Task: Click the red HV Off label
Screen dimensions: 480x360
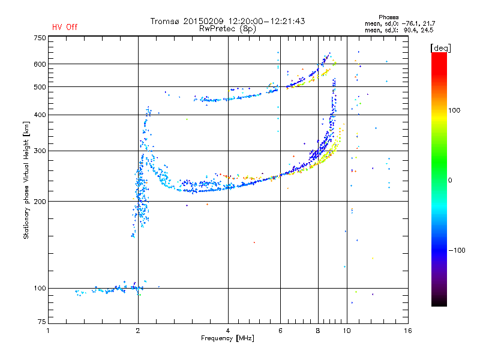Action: pyautogui.click(x=65, y=27)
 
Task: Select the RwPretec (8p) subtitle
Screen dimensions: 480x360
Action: pyautogui.click(x=227, y=29)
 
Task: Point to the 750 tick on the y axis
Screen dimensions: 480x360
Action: pyautogui.click(x=40, y=38)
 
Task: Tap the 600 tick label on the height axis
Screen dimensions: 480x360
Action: pyautogui.click(x=40, y=64)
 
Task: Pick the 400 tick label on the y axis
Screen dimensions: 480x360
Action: pyautogui.click(x=40, y=115)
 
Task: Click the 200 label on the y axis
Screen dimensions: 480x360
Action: pyautogui.click(x=40, y=202)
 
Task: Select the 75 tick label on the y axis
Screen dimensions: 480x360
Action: pyautogui.click(x=42, y=322)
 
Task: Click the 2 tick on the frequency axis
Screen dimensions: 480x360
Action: pyautogui.click(x=138, y=331)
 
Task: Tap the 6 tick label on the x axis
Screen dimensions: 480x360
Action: pyautogui.click(x=280, y=331)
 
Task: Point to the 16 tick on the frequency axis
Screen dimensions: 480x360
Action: pyautogui.click(x=408, y=331)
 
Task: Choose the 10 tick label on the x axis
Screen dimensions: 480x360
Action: pyautogui.click(x=347, y=331)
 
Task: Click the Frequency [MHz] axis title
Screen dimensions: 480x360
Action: pyautogui.click(x=227, y=338)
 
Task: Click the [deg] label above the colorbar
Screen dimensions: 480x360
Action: pyautogui.click(x=440, y=48)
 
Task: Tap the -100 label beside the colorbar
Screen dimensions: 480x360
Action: pyautogui.click(x=457, y=250)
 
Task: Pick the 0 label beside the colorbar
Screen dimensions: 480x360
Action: pyautogui.click(x=450, y=181)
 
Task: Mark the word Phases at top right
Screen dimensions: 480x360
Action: pyautogui.click(x=388, y=17)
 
